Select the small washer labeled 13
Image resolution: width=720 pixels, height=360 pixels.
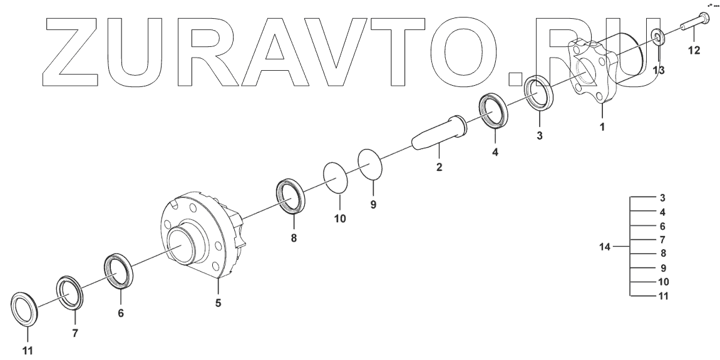(658, 38)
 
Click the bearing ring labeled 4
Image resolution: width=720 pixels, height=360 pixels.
(496, 112)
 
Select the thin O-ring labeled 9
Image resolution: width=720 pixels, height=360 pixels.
(370, 165)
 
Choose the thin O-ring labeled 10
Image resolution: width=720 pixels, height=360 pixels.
(336, 178)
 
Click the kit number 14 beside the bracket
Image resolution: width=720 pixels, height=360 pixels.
(605, 247)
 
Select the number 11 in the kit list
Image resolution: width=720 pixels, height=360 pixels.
(662, 296)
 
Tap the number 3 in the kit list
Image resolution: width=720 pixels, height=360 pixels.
(662, 198)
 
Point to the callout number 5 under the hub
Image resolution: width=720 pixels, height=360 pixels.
(218, 304)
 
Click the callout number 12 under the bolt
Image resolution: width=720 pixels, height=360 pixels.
(694, 51)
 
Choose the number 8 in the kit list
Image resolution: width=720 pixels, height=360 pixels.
(662, 254)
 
